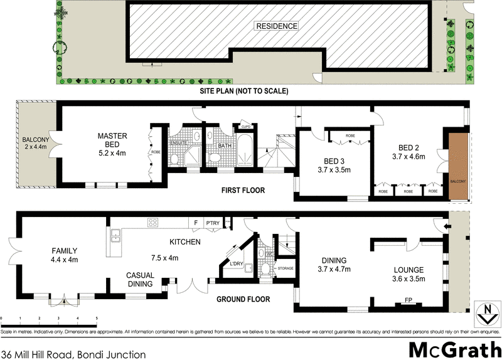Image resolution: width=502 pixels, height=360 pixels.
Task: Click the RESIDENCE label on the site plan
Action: pos(276,26)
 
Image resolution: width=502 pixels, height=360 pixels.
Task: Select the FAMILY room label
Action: pos(64,251)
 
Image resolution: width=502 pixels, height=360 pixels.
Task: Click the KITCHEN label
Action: pos(184,241)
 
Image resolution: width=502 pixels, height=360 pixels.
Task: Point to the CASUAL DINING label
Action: pos(141,279)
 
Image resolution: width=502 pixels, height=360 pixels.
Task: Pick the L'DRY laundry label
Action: pos(237,263)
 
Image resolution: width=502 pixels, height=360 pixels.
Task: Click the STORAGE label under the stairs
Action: pos(286,268)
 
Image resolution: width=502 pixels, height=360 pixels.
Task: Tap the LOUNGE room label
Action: pos(409,269)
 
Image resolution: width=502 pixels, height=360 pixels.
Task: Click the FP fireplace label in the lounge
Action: pos(409,300)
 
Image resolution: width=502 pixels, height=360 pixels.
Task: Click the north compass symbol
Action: pos(484,312)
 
